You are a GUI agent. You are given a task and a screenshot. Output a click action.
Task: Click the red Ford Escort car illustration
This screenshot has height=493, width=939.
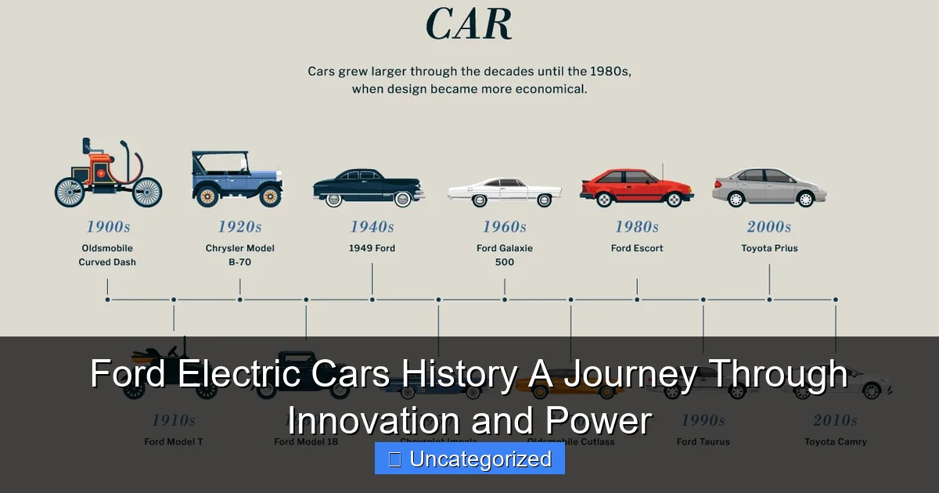click(636, 188)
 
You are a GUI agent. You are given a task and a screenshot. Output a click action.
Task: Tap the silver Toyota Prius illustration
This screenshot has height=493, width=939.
click(768, 188)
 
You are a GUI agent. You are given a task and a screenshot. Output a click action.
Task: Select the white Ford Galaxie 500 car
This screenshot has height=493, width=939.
click(504, 193)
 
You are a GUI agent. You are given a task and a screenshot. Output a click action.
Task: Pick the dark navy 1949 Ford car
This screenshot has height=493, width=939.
click(369, 188)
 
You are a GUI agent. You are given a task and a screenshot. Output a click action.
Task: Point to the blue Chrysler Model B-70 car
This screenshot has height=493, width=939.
click(237, 180)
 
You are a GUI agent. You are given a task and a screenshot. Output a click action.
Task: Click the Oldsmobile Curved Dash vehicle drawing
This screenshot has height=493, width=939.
click(108, 176)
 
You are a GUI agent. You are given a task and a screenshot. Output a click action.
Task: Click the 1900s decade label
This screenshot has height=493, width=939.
click(108, 227)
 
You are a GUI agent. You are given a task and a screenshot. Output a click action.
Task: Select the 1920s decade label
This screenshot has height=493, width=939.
click(239, 227)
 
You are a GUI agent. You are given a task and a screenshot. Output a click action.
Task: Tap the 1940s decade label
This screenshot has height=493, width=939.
click(372, 227)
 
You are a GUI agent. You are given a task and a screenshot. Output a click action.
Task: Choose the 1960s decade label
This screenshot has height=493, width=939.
click(504, 227)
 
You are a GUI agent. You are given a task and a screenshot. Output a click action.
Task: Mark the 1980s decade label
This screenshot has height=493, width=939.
click(636, 227)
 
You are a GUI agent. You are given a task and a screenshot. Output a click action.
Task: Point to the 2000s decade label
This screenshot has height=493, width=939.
click(768, 227)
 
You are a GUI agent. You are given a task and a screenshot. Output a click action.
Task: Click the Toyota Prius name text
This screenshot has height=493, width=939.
click(769, 248)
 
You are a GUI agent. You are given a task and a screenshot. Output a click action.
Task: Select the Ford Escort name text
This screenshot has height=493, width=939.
click(637, 248)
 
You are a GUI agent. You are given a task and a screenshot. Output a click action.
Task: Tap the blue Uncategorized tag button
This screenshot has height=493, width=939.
click(469, 459)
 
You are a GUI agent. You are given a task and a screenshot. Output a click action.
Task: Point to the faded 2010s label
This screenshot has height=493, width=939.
click(835, 420)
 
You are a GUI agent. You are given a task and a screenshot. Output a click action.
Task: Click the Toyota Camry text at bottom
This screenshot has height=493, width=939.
click(835, 441)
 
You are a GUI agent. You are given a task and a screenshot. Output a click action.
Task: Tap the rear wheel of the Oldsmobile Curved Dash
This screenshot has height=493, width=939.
click(70, 193)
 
